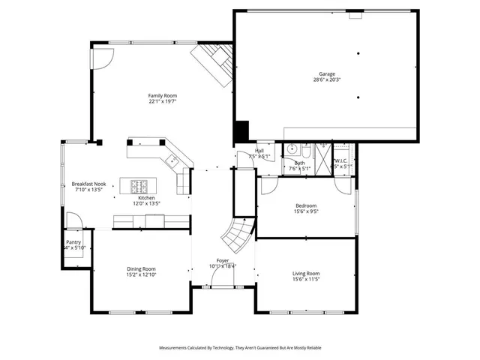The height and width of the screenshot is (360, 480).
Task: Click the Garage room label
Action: [326, 73]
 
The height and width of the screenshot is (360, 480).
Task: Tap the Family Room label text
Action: [163, 95]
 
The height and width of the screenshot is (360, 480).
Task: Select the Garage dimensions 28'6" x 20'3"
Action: [326, 79]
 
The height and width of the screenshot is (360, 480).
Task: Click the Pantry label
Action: [73, 242]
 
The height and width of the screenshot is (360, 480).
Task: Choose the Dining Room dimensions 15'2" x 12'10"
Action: [140, 274]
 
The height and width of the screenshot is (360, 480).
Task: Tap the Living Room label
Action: [306, 273]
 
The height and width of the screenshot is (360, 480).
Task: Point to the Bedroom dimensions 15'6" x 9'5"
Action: [306, 211]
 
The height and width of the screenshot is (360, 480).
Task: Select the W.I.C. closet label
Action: [341, 160]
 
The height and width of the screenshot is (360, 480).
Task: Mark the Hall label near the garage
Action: [259, 151]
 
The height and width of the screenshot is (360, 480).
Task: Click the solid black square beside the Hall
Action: [241, 130]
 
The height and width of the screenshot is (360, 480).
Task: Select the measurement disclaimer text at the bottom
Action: [240, 348]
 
